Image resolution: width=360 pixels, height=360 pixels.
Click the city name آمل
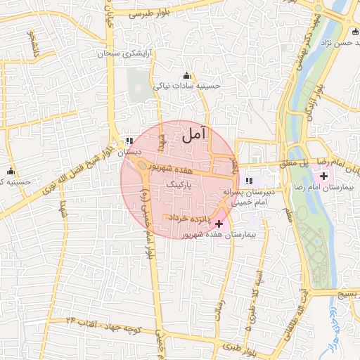click(195, 134)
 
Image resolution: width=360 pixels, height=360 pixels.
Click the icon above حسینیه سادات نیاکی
click(187, 76)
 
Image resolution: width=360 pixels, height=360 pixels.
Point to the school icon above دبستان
click(129, 141)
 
